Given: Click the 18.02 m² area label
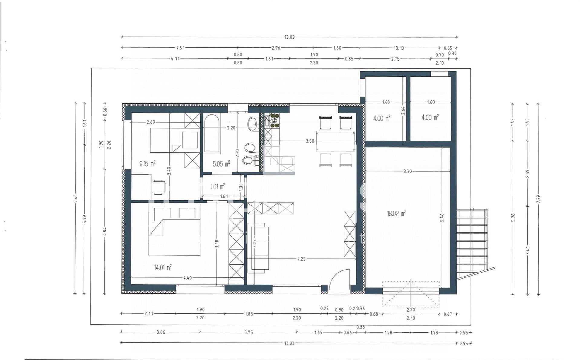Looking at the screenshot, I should (x=396, y=214).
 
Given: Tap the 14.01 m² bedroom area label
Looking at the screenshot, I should (x=163, y=267).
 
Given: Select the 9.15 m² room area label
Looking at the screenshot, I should (x=147, y=164).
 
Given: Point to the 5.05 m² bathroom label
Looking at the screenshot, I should (x=221, y=164).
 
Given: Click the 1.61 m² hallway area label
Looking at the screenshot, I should (x=218, y=186).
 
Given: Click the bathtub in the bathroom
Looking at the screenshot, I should (x=212, y=135).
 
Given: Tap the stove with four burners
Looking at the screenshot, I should (x=274, y=120).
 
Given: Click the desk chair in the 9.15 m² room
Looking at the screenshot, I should (x=158, y=187).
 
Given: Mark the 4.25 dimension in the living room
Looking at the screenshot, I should (x=301, y=259).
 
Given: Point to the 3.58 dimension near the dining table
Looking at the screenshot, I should (x=310, y=141).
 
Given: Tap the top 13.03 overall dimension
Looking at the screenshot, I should (x=289, y=37).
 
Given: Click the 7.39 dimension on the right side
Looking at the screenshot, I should (x=538, y=199).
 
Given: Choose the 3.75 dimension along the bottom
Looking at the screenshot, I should (x=248, y=332).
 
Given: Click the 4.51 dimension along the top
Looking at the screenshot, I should (x=180, y=48).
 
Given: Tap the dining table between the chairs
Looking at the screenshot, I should (x=336, y=141).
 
